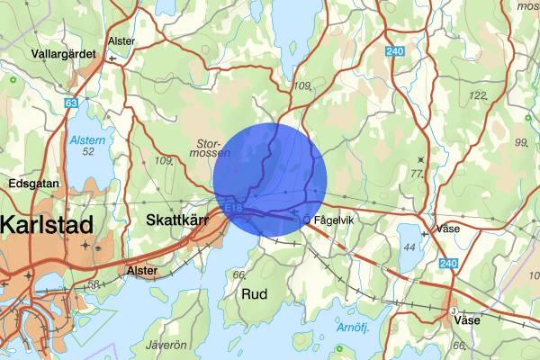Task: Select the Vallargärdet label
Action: (62, 53)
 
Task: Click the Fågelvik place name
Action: (337, 218)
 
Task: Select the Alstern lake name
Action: (87, 139)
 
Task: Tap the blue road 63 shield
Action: (70, 103)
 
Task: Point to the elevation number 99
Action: (520, 143)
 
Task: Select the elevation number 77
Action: (416, 173)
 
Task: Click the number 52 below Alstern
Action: (87, 152)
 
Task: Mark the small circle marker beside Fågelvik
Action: (308, 219)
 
